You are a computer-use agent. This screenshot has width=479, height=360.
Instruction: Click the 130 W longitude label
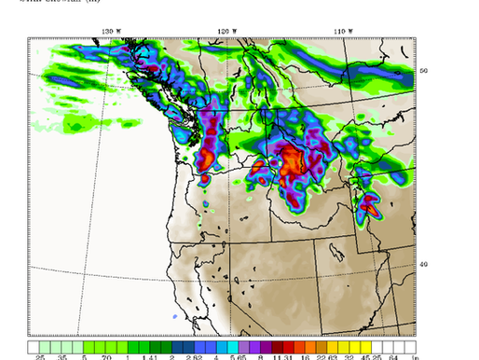(111, 31)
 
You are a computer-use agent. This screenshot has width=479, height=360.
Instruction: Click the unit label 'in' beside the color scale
(417, 356)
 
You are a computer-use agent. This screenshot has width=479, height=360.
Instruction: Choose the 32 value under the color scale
(348, 356)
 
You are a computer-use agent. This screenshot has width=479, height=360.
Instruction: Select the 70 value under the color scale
(106, 356)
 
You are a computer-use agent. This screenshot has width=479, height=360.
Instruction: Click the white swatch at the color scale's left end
(36, 346)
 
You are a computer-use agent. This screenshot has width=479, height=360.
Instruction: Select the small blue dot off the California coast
(174, 317)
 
